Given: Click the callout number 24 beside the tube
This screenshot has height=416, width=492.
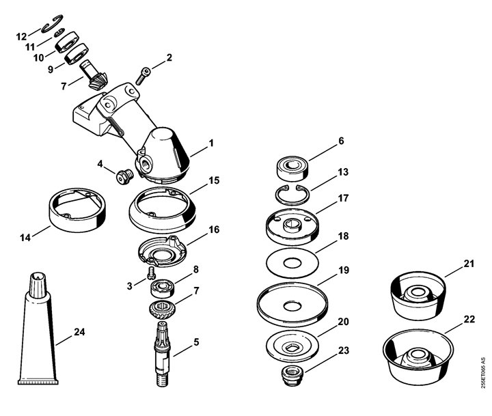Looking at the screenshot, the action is point(79,331).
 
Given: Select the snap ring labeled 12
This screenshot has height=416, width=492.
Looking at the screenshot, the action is point(52,23).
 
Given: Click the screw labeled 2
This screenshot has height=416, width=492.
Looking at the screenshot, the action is point(143,76).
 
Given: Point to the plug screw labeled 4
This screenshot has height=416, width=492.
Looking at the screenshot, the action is point(125,177).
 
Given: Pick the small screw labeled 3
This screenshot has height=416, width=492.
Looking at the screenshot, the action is point(151,273).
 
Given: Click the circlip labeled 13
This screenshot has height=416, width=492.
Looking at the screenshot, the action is point(292,195).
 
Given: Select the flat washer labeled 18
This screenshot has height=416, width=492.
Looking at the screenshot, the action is point(292,262).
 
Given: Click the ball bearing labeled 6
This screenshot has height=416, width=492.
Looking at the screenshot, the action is point(292,169).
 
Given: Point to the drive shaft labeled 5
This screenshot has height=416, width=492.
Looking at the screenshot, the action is point(163,355).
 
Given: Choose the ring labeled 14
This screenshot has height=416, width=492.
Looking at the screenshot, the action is point(77,210).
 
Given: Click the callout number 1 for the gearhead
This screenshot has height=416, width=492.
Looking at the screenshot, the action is point(211,143).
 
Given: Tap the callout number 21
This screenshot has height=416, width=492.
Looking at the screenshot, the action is point(469,264).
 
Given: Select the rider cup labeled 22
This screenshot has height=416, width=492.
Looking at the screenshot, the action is point(418,357).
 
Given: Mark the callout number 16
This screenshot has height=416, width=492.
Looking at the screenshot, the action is point(214,230).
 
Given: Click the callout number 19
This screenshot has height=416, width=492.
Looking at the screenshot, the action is point(344,270).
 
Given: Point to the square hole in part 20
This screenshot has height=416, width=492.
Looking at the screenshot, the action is point(292,348).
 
